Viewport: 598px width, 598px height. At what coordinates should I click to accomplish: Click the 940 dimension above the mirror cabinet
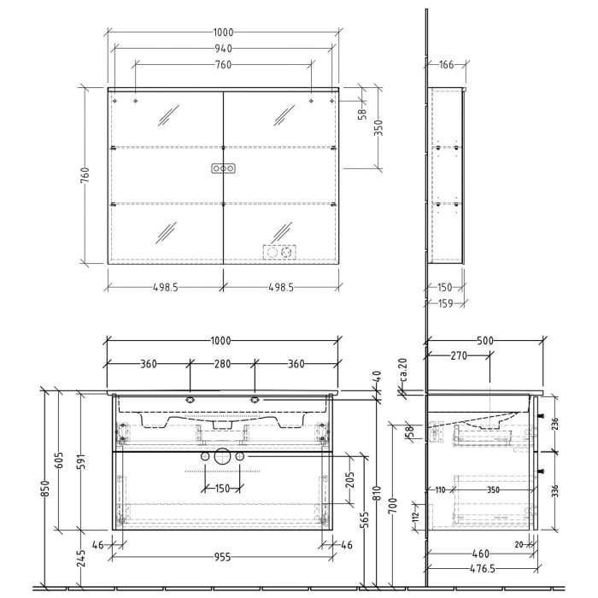point(223,49)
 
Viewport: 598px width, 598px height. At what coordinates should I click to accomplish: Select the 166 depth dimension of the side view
point(445,65)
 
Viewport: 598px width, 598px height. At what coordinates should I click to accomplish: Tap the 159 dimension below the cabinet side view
point(446,302)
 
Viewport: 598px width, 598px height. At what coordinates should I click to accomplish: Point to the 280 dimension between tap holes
point(222,364)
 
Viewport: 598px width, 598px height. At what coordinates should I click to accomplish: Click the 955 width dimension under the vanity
point(222,557)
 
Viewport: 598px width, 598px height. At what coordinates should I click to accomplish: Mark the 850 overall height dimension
point(45,487)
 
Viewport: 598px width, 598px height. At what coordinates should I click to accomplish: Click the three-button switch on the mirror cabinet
point(223,169)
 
